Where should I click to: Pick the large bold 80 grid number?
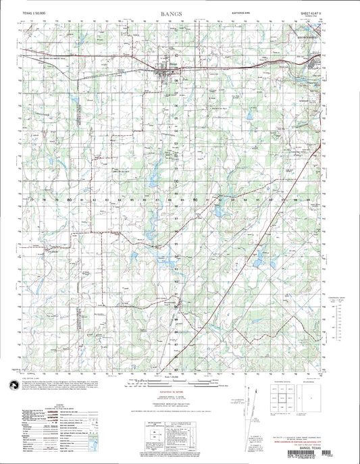click(70, 201)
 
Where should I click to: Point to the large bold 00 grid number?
click(177, 182)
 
